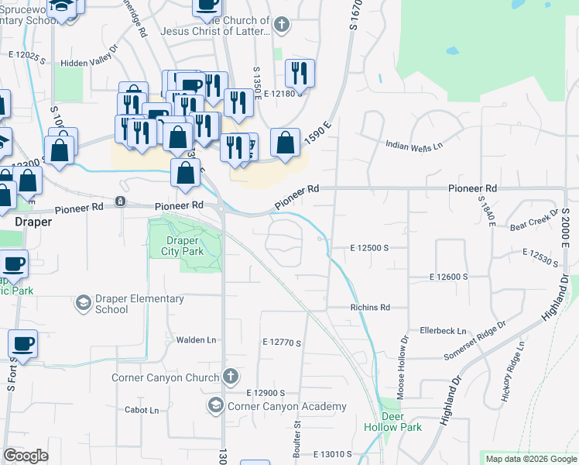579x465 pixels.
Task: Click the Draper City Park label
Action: click(x=183, y=245)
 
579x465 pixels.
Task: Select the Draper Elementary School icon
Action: click(x=82, y=302)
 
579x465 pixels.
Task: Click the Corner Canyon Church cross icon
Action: click(x=229, y=377)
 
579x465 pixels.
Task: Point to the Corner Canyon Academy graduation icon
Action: click(x=214, y=405)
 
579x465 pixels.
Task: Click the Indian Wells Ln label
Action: click(x=415, y=145)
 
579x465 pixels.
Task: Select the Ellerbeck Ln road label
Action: click(x=444, y=330)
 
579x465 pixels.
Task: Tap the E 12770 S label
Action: click(x=281, y=341)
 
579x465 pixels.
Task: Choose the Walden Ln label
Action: click(x=195, y=339)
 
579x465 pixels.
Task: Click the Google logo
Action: click(x=26, y=455)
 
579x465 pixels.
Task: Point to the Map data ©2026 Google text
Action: click(x=531, y=459)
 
